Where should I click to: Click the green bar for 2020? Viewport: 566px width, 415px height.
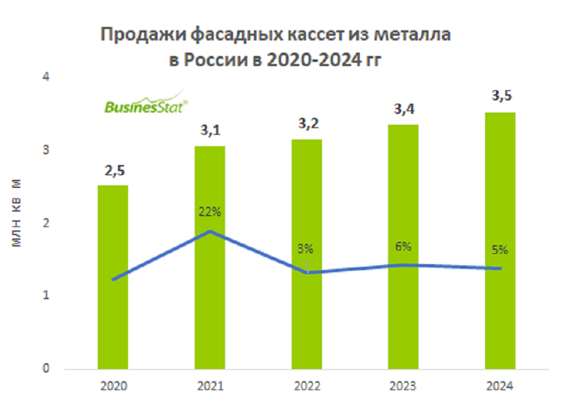click(113, 277)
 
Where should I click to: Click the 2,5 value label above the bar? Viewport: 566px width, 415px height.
click(113, 170)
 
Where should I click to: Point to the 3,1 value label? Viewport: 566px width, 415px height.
click(210, 131)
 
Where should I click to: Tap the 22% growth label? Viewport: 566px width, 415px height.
click(210, 212)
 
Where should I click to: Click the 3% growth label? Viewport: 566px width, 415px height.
click(305, 249)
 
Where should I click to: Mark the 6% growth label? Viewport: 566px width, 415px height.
click(404, 246)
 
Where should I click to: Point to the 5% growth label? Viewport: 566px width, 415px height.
click(499, 250)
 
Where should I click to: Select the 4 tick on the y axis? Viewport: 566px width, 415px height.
click(46, 77)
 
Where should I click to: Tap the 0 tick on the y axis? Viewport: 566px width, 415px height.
click(46, 369)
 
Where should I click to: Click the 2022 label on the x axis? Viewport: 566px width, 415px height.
click(307, 387)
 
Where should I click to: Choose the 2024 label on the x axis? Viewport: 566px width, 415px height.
click(500, 387)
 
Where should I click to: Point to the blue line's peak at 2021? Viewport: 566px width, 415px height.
click(210, 232)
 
